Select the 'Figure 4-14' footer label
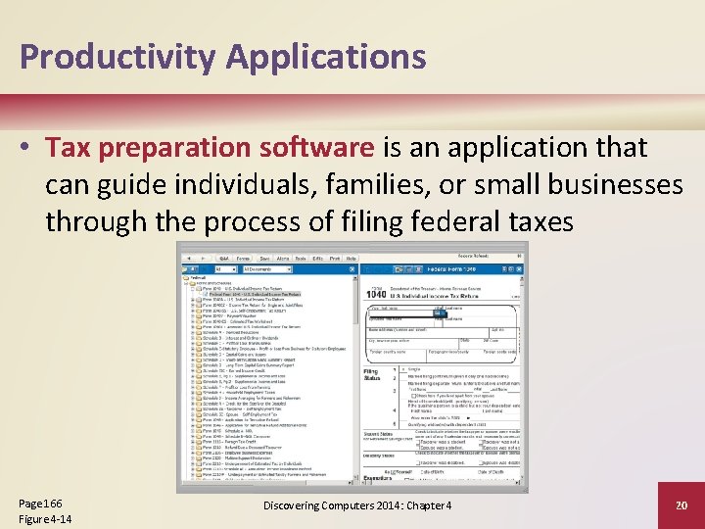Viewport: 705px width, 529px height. point(45,518)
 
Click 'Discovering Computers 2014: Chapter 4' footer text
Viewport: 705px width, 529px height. point(356,505)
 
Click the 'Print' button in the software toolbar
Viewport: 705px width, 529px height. point(335,258)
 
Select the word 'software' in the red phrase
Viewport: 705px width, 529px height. point(319,148)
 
